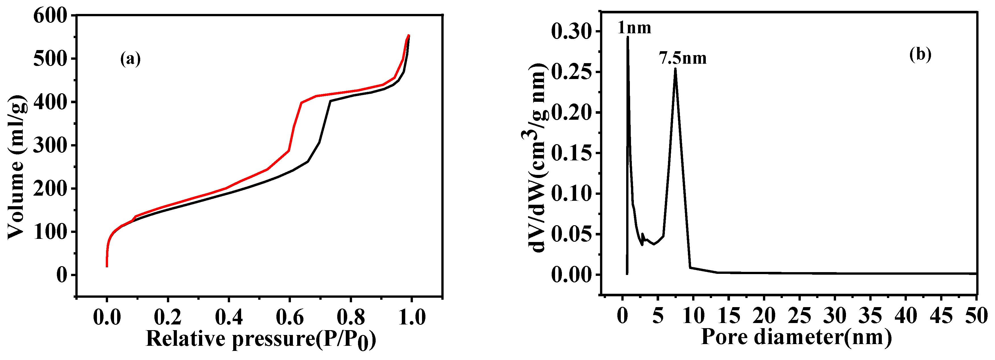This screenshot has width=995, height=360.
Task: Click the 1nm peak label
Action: [x=634, y=28]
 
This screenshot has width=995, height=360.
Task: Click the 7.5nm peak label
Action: [x=682, y=58]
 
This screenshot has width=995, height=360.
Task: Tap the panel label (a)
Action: [x=131, y=59]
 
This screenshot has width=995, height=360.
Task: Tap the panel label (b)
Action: [x=920, y=55]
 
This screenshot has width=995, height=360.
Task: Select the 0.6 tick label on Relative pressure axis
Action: [x=290, y=318]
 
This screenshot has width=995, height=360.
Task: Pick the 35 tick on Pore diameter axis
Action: [x=870, y=316]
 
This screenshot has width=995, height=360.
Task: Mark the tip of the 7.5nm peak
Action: [x=675, y=68]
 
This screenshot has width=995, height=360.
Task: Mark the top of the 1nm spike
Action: [x=628, y=37]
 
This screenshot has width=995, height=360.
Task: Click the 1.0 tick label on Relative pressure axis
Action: [x=411, y=318]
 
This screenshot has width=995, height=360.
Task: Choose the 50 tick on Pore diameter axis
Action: [x=977, y=316]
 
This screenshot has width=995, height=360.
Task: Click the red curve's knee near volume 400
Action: [x=301, y=102]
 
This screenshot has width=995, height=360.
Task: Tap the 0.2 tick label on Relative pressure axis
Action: [x=168, y=318]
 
